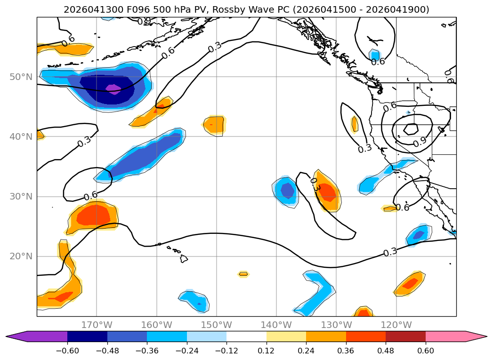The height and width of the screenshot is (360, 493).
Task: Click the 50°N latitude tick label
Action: tap(21, 77)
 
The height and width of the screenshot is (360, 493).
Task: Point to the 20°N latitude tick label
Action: tap(21, 256)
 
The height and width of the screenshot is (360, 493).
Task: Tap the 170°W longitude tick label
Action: tap(97, 325)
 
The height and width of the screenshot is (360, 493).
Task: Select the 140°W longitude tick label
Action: tap(276, 325)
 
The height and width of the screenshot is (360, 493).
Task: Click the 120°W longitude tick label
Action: tap(396, 325)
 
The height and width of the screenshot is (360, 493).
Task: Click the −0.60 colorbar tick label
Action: tap(67, 351)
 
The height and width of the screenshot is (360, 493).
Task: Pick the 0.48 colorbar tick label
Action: tap(386, 351)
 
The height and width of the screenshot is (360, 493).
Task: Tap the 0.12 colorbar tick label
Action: tap(267, 351)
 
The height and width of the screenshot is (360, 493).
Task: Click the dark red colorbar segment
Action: tap(405, 336)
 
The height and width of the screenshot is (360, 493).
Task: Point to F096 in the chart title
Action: tap(138, 9)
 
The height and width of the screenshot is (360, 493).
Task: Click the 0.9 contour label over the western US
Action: tap(420, 142)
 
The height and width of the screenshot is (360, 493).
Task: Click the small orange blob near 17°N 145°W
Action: tap(243, 274)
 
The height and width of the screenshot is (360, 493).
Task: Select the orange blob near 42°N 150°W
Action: tap(214, 125)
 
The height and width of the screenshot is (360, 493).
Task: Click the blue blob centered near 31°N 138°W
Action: tap(285, 192)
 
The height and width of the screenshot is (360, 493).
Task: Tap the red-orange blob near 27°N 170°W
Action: tap(93, 216)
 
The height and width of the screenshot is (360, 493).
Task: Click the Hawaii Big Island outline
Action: tap(184, 258)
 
